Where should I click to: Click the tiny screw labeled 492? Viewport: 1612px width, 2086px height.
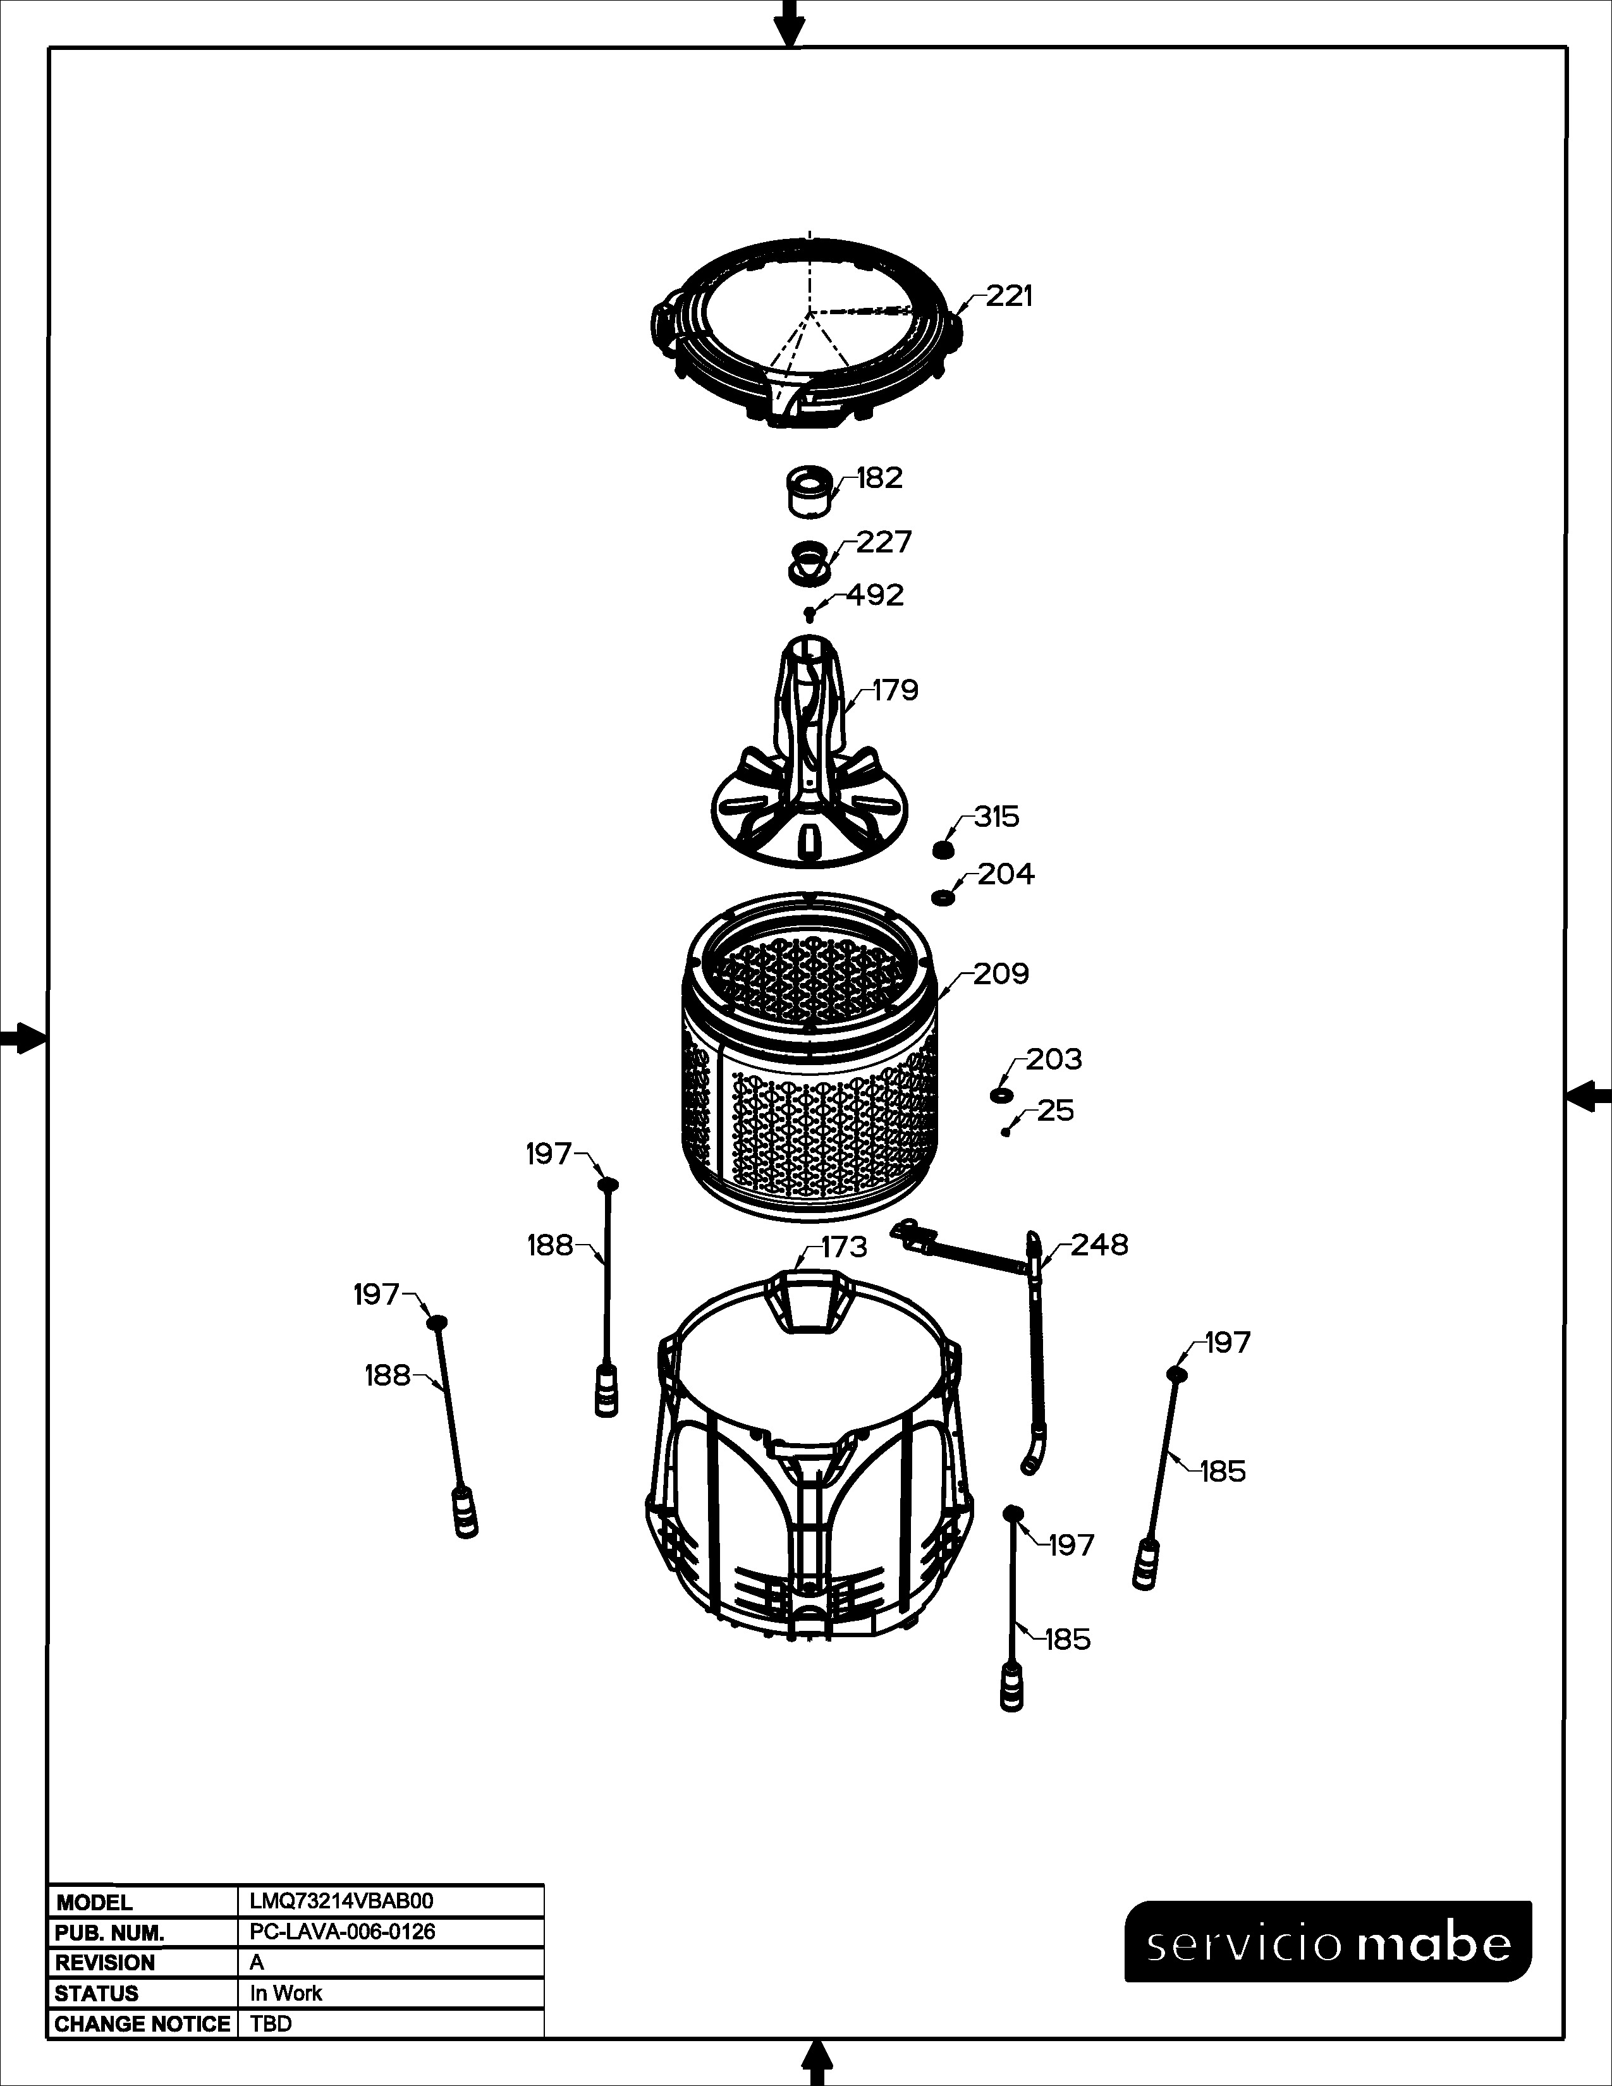point(810,613)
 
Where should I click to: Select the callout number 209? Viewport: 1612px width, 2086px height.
point(1002,973)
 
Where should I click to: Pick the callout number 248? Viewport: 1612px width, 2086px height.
point(1099,1245)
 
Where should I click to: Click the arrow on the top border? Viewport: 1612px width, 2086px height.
point(789,23)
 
